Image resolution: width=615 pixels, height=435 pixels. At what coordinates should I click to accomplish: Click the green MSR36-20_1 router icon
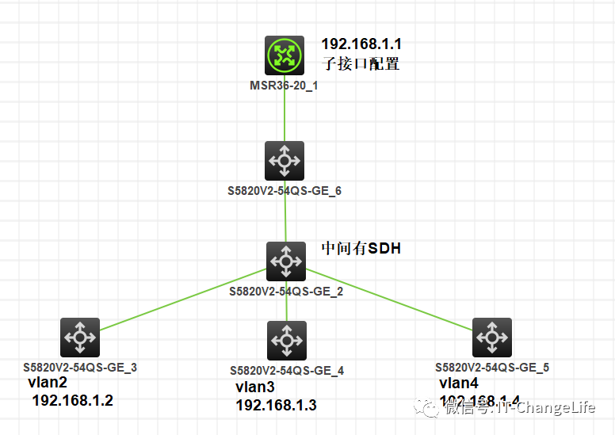(285, 55)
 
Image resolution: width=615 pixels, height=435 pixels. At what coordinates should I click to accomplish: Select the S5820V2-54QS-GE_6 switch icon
(285, 161)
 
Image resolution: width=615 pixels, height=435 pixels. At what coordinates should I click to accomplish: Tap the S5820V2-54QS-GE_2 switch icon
(285, 260)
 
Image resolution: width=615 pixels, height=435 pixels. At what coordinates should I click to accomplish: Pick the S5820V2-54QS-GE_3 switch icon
(80, 338)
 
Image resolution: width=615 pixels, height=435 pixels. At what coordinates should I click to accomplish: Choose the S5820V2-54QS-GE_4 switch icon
(286, 341)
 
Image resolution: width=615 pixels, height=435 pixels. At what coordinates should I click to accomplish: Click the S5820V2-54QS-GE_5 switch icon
(491, 338)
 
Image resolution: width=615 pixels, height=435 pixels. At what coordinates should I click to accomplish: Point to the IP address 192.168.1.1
(366, 44)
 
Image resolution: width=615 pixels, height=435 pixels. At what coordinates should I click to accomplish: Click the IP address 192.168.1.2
(72, 401)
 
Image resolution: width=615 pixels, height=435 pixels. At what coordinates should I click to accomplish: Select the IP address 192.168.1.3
(275, 406)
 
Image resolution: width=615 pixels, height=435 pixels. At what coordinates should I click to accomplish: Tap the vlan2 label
(48, 383)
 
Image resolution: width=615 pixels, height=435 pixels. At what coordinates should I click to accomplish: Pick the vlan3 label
(255, 387)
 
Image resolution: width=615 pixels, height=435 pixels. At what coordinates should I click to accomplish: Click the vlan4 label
(459, 383)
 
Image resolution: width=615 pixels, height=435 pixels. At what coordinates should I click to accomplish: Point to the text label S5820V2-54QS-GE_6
(285, 191)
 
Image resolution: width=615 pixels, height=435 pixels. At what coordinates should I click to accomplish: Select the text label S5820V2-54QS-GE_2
(286, 292)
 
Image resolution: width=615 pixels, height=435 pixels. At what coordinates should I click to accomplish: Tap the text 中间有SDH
(361, 249)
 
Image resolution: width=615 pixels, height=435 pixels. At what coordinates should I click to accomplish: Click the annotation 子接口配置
(360, 64)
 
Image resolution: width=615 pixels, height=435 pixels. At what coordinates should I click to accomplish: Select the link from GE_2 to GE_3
(182, 299)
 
